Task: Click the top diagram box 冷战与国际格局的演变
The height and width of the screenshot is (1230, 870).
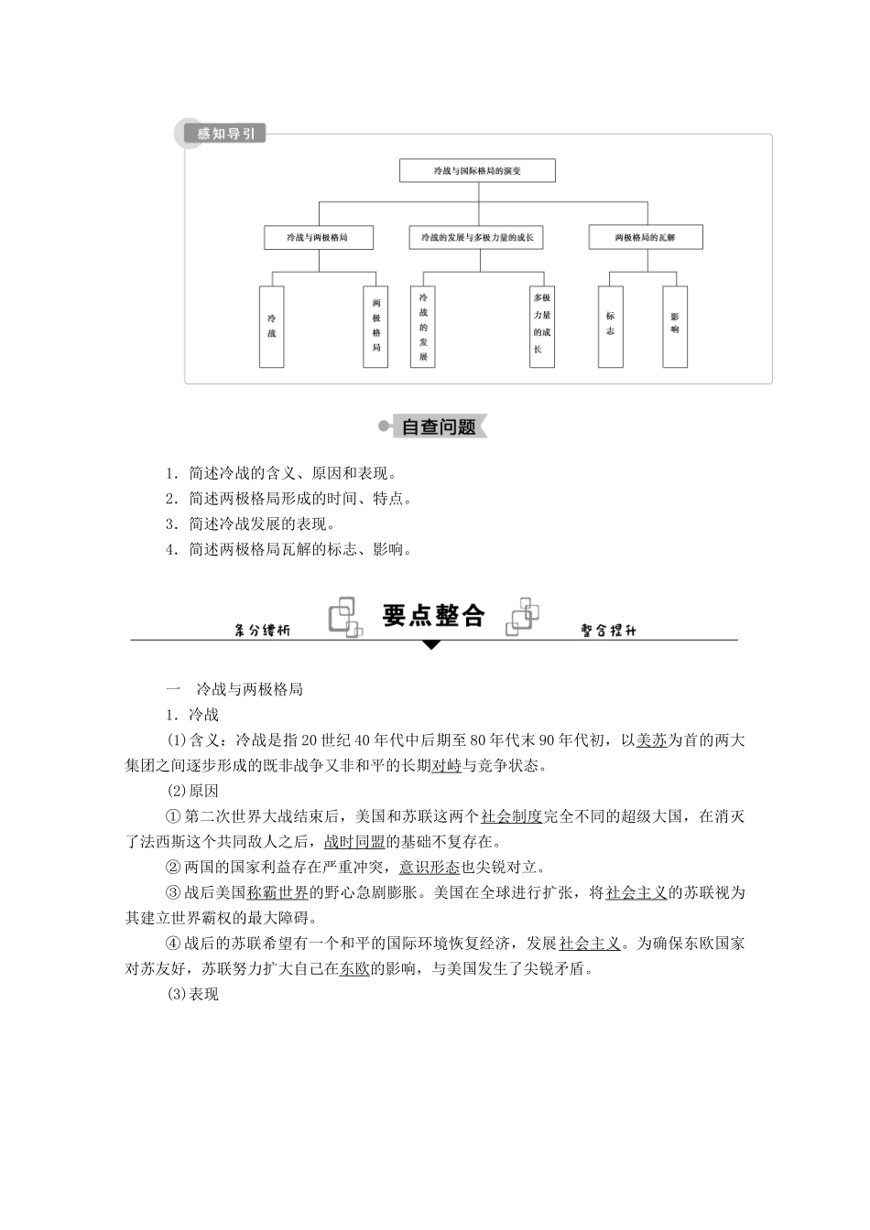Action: [477, 170]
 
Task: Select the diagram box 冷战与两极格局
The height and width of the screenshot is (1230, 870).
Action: [318, 237]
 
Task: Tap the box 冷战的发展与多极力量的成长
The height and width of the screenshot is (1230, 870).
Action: [476, 237]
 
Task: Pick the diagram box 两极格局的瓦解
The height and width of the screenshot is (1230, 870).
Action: [645, 237]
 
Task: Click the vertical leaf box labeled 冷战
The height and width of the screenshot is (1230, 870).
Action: [271, 327]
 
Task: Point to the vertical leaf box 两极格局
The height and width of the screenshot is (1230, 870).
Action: [375, 327]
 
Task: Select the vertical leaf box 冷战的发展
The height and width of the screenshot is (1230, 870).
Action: [423, 327]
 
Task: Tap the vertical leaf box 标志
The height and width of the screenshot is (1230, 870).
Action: [611, 327]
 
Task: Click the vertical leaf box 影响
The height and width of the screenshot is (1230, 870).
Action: [675, 327]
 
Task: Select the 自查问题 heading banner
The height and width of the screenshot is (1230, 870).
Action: [438, 426]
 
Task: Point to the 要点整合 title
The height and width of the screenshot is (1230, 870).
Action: [433, 616]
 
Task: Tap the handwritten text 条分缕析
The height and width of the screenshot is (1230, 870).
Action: [262, 631]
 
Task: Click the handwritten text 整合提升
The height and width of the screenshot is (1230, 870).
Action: [609, 631]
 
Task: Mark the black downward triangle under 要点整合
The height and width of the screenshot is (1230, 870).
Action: [431, 644]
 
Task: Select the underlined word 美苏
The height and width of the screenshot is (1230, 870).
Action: [651, 740]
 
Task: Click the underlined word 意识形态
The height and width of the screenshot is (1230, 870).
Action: [430, 867]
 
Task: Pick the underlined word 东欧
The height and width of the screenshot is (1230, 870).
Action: [354, 968]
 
